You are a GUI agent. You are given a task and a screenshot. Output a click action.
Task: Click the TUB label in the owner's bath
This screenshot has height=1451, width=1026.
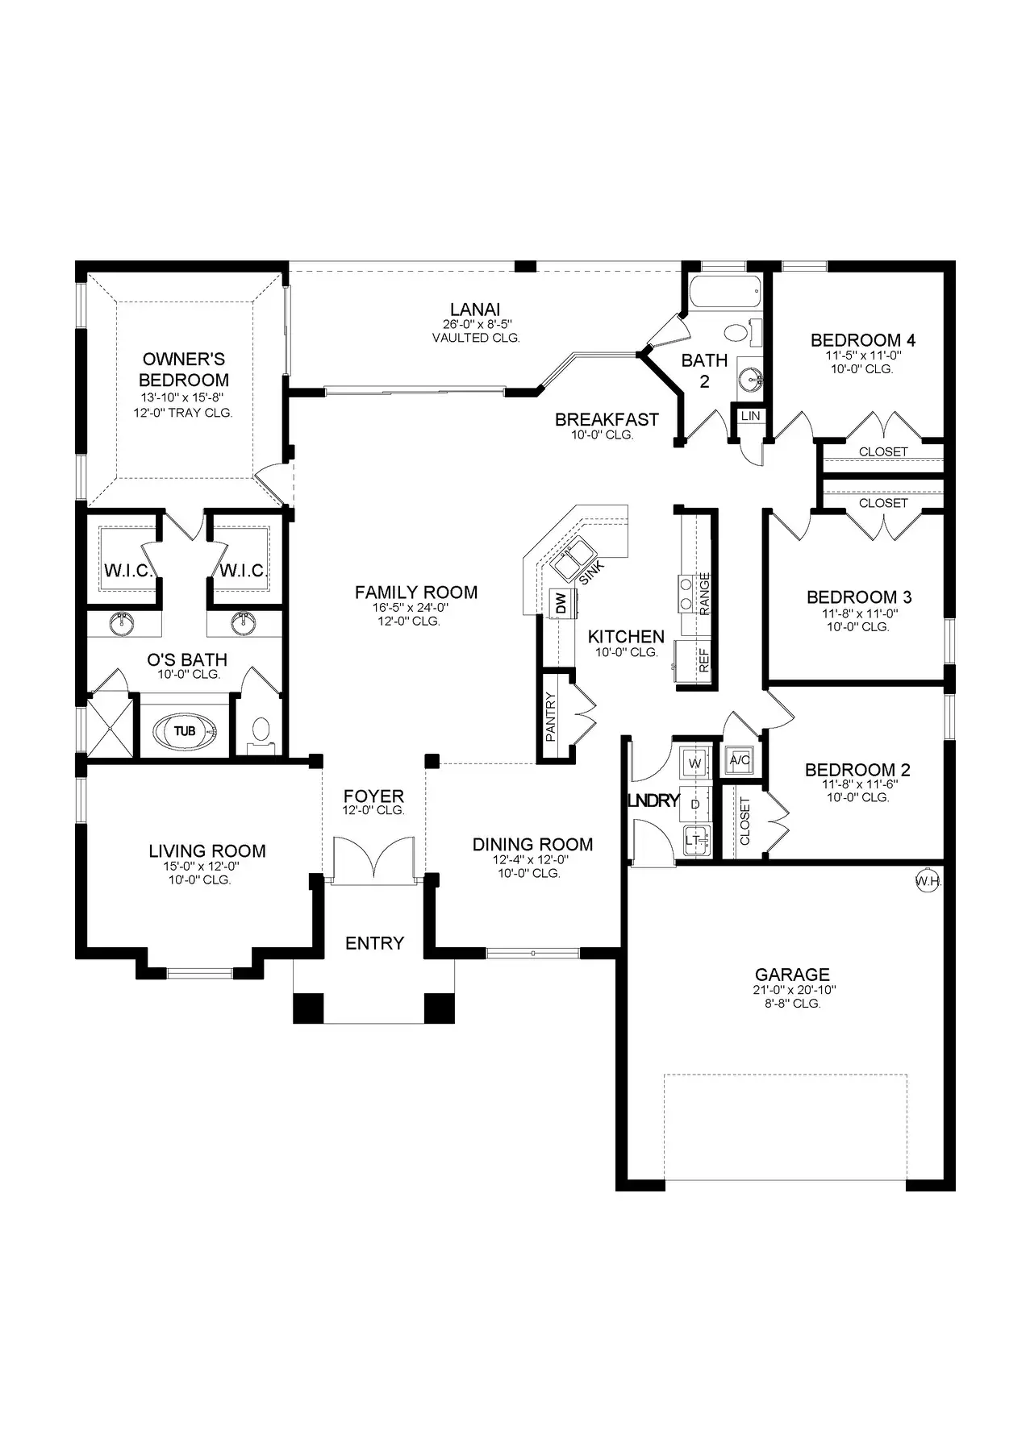[x=185, y=731]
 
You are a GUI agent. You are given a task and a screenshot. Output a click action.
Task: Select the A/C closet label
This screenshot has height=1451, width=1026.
[x=740, y=759]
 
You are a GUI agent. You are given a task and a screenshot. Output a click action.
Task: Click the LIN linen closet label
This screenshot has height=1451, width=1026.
[x=751, y=416]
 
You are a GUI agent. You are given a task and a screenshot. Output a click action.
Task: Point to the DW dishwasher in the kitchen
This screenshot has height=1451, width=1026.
[x=561, y=603]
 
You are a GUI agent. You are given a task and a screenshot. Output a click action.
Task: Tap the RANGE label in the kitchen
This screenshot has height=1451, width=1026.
[x=704, y=594]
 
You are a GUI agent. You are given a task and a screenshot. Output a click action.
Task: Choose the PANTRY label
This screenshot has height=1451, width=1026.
[x=552, y=717]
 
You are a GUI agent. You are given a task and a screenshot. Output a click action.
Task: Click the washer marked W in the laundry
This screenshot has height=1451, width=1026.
[x=695, y=762]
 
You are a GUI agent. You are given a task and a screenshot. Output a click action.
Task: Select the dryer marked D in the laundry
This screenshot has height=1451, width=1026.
[x=695, y=804]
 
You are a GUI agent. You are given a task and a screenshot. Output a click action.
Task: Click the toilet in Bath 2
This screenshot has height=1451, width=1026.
[x=735, y=332]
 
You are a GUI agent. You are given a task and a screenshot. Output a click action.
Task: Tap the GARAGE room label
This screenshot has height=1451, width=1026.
[x=792, y=975]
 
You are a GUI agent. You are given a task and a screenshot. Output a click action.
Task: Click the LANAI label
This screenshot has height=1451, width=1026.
[x=476, y=309]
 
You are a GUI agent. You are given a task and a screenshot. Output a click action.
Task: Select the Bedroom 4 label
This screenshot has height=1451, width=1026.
[x=863, y=340]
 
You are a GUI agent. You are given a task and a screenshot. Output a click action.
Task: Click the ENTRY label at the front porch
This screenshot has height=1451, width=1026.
[x=374, y=943]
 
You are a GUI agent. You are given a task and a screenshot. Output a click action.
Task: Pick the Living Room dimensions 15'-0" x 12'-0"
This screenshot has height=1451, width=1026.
[x=202, y=867]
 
